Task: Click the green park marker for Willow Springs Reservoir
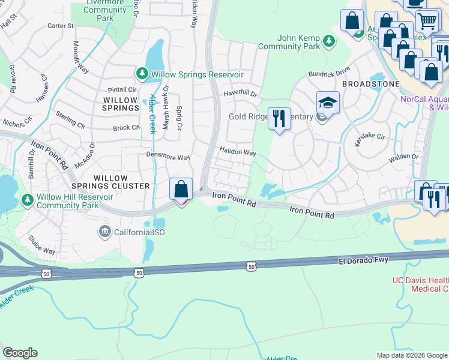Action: click(x=142, y=74)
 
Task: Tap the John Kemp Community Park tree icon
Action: click(x=328, y=41)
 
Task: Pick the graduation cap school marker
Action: click(x=328, y=103)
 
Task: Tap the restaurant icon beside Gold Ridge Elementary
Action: click(x=279, y=119)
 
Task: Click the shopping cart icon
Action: click(x=426, y=21)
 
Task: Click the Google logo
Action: click(x=20, y=353)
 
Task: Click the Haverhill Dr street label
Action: click(x=240, y=94)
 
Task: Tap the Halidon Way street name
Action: click(x=237, y=152)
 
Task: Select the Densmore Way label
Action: click(x=168, y=157)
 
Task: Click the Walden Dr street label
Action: click(x=403, y=157)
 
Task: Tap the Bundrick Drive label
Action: click(x=329, y=72)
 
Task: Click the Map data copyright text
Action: click(x=411, y=355)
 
